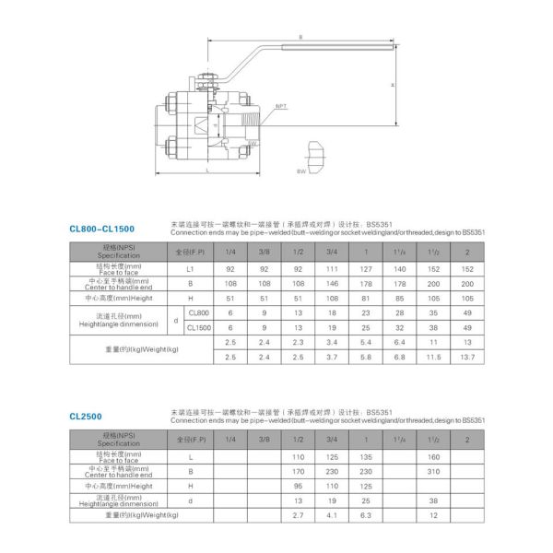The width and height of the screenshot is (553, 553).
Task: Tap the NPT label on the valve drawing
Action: pos(282,106)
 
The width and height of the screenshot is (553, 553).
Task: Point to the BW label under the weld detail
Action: pos(300,172)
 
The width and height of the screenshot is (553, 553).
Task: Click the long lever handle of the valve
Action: pos(313,45)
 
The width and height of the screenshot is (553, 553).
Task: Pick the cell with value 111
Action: pos(332,268)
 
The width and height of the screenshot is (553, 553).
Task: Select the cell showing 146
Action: pos(332,284)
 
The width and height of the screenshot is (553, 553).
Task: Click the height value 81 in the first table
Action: pos(366,299)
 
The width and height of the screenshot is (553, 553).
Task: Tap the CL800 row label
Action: pos(198,313)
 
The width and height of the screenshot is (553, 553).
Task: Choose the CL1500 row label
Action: pos(199,327)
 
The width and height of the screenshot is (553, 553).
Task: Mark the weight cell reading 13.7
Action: pos(468,357)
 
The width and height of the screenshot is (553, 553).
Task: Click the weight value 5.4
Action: pos(366,342)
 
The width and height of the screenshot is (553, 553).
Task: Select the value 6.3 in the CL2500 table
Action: pos(366,515)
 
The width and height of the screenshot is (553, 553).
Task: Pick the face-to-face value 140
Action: pos(399,268)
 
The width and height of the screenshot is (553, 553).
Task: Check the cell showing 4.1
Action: pos(332,515)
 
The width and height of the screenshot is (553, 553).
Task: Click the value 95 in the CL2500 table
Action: pos(298,486)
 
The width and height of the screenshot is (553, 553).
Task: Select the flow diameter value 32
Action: pos(399,327)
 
